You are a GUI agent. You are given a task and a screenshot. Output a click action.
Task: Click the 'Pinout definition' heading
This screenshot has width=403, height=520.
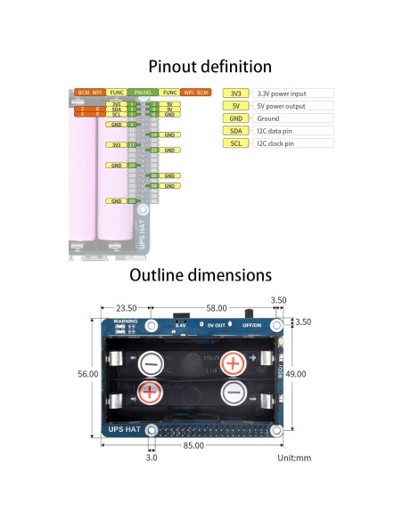click(x=210, y=66)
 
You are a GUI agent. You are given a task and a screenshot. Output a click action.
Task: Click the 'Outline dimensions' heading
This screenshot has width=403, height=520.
click(x=201, y=275)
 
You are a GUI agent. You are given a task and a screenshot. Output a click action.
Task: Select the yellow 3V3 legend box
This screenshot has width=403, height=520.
click(x=235, y=93)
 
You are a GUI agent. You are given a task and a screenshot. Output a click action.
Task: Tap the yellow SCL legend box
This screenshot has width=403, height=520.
click(x=235, y=142)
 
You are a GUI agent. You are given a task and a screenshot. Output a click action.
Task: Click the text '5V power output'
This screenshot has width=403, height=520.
click(x=282, y=105)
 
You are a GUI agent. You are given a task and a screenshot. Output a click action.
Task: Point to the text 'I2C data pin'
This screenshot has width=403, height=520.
click(x=276, y=130)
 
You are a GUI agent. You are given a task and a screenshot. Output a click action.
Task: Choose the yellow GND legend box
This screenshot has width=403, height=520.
click(x=235, y=118)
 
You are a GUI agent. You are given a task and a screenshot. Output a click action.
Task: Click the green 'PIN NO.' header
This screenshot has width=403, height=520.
click(x=142, y=92)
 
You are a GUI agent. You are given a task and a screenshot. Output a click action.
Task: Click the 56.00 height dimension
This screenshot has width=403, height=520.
click(x=87, y=374)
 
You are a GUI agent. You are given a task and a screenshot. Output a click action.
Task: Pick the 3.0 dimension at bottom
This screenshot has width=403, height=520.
click(x=151, y=458)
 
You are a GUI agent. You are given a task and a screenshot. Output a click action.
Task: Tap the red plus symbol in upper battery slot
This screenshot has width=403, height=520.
click(x=233, y=362)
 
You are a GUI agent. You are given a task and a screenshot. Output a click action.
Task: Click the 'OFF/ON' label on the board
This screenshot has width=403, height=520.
click(x=253, y=325)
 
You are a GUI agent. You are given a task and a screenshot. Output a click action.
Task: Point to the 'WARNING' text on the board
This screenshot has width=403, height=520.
click(x=126, y=321)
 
